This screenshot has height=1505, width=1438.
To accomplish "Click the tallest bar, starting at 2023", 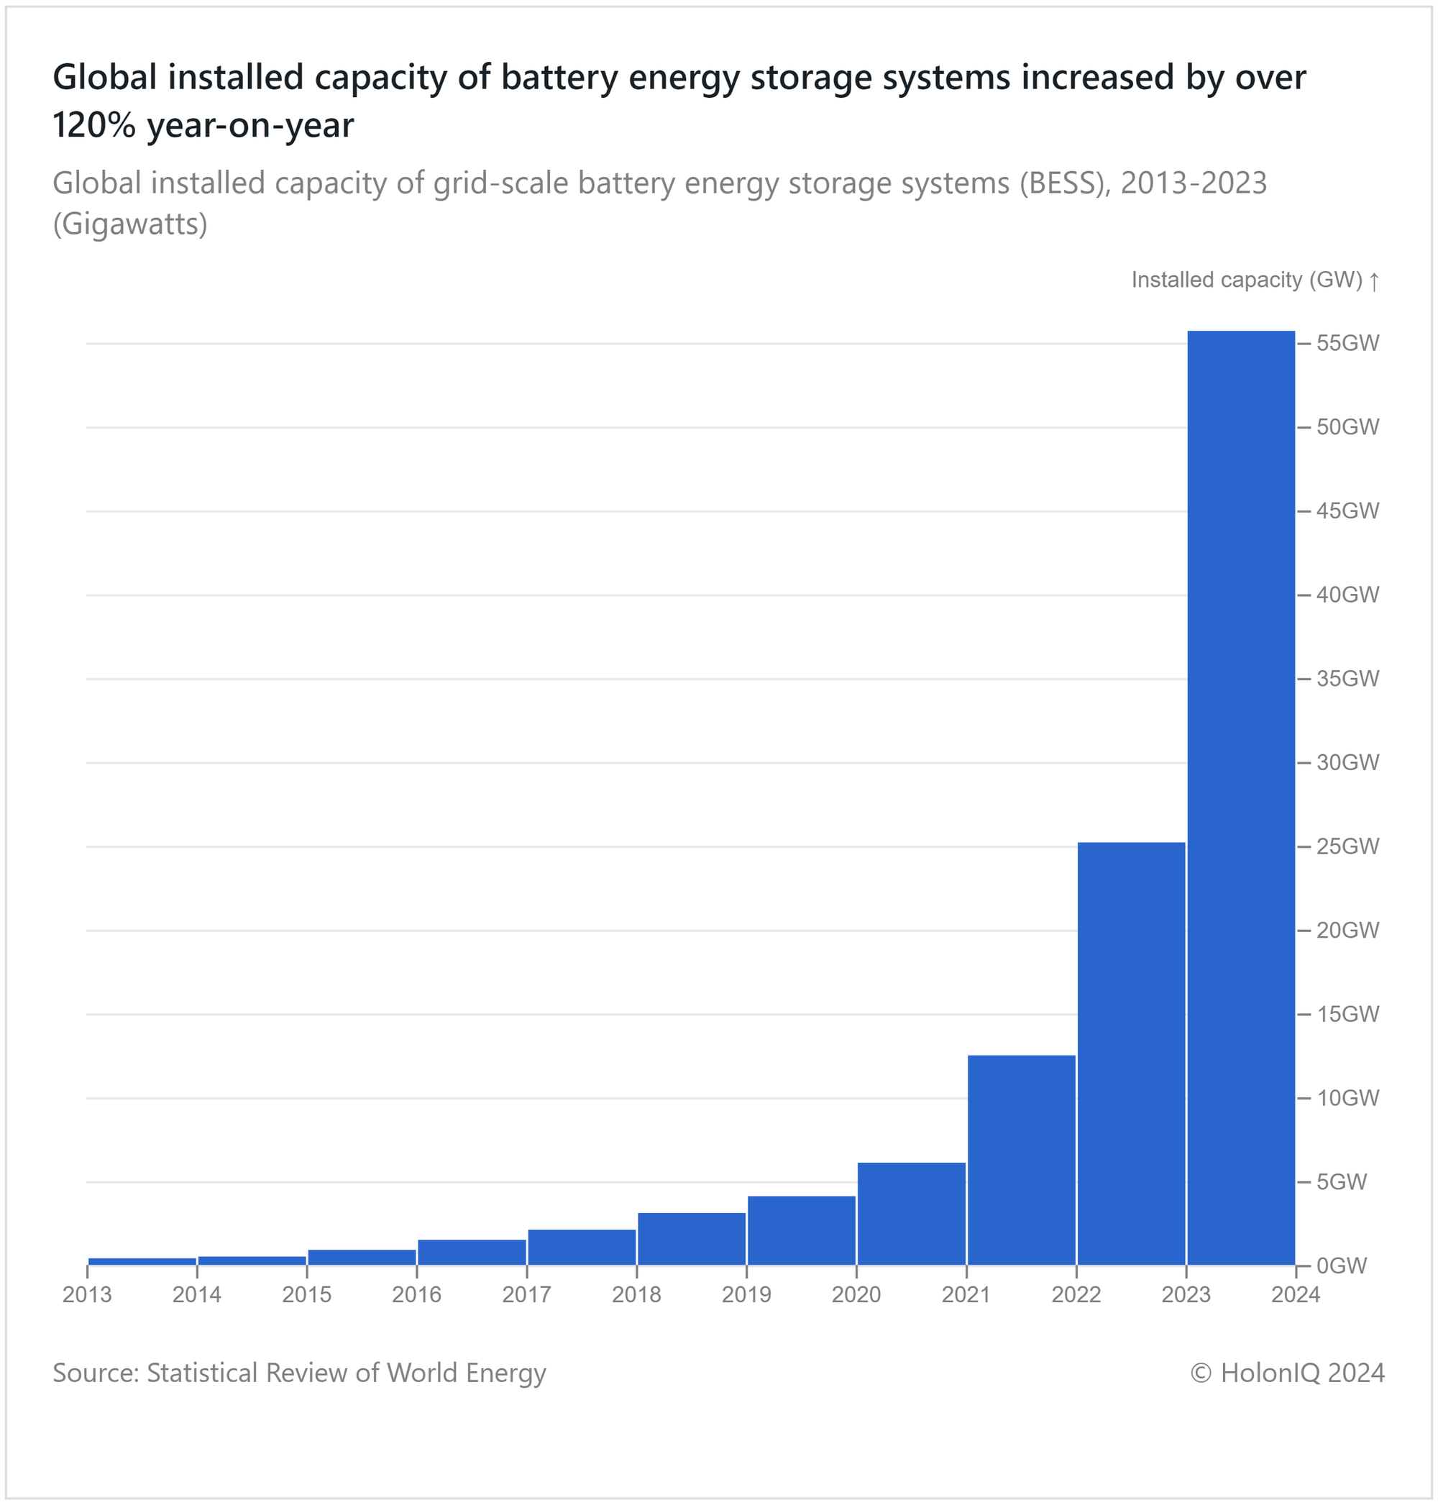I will [x=1240, y=797].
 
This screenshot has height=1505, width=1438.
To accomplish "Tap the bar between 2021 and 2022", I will [x=1021, y=1159].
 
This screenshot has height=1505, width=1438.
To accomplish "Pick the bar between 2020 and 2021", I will [x=911, y=1213].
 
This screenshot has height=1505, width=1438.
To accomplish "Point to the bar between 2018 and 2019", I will [x=692, y=1238].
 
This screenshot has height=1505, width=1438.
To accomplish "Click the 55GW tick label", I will [x=1347, y=344].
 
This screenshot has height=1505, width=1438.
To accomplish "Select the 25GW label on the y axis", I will [x=1347, y=846].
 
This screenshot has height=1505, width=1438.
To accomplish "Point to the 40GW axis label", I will [x=1347, y=595].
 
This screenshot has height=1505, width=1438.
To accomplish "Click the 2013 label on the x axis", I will [x=88, y=1295].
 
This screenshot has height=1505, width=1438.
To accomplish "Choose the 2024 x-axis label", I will [x=1296, y=1295].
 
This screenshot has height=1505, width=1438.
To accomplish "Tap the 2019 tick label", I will [x=746, y=1295].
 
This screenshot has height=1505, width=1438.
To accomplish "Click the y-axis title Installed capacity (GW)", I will [x=1246, y=280].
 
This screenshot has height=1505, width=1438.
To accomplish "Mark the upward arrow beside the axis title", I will [x=1375, y=281].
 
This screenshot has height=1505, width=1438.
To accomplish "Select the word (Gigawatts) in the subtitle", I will [x=129, y=224].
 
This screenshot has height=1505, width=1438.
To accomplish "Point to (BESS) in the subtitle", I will [x=1065, y=183].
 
